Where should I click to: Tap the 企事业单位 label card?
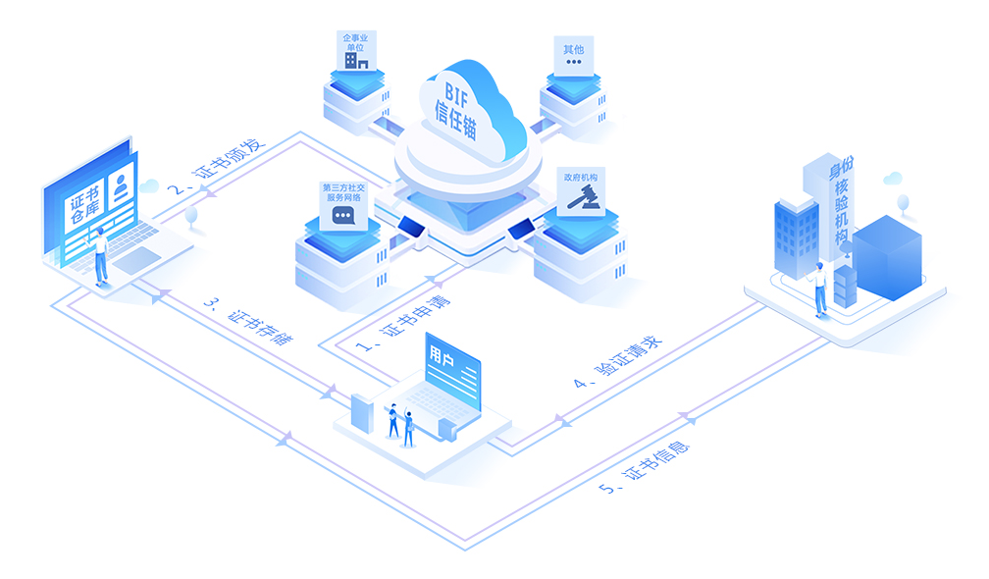click(356, 50)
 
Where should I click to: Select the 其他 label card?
click(573, 56)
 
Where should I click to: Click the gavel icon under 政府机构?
click(582, 197)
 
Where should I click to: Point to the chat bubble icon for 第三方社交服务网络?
click(343, 216)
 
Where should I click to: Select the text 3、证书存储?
click(248, 320)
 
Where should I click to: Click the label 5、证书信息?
click(644, 468)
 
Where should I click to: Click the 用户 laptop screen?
click(453, 370)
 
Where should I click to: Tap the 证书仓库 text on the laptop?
click(84, 206)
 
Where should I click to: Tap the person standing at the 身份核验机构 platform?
click(819, 289)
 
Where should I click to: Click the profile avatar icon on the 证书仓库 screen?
click(121, 186)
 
